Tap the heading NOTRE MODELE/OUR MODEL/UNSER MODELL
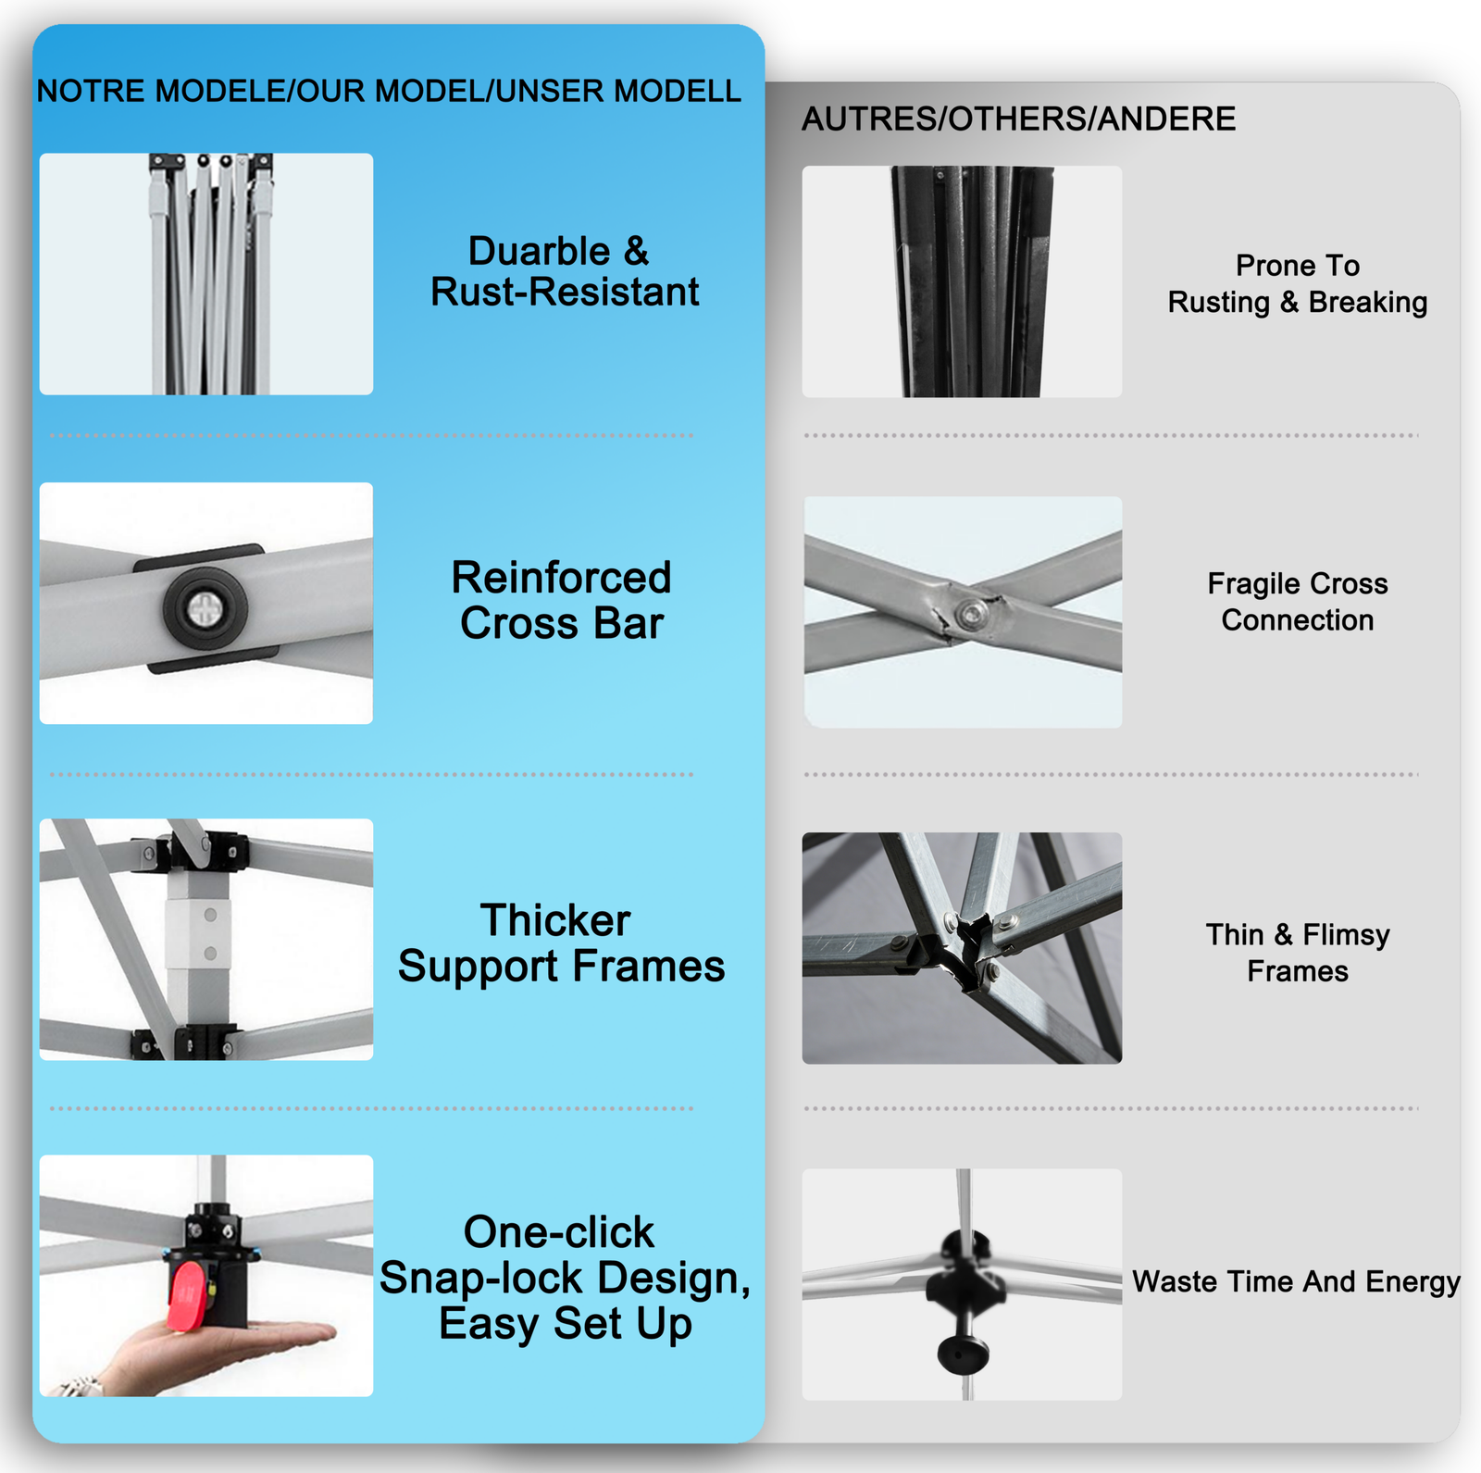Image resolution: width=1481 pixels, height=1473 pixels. tap(389, 91)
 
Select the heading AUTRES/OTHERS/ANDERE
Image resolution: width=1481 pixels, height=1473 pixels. tap(1018, 119)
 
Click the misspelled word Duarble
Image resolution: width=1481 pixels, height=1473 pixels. tap(539, 251)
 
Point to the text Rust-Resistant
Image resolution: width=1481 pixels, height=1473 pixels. tap(565, 292)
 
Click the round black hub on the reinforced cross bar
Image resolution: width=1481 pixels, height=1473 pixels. tap(205, 608)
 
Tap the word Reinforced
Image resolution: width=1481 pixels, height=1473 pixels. tap(561, 578)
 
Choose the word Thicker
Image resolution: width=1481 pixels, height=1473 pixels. tap(555, 920)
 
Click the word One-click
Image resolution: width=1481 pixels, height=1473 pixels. tap(559, 1232)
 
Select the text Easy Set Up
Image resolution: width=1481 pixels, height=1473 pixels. tap(566, 1324)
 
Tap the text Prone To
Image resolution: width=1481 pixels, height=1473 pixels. tap(1298, 266)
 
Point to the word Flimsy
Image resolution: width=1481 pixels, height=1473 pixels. tap(1346, 935)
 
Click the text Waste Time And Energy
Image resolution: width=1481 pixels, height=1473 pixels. tap(1296, 1281)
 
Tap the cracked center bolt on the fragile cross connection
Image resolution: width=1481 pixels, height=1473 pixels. tap(970, 613)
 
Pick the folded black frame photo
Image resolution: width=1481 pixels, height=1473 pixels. tap(962, 281)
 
